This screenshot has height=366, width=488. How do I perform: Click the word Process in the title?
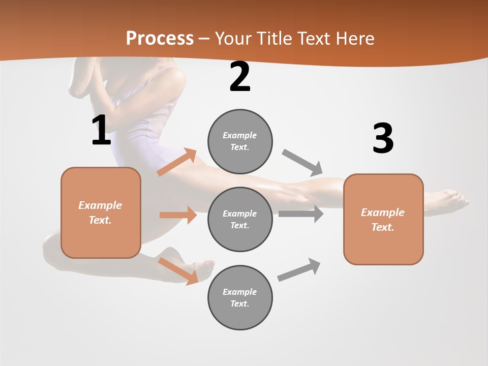[x=160, y=39]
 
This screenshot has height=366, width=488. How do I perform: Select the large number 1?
[x=101, y=131]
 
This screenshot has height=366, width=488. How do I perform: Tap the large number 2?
[x=240, y=77]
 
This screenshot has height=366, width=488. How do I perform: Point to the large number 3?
[x=383, y=138]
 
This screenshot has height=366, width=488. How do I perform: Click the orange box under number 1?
[x=101, y=212]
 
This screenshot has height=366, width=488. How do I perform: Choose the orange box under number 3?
[x=383, y=220]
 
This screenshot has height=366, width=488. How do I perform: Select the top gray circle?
[x=240, y=141]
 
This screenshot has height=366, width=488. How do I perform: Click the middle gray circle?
[x=240, y=219]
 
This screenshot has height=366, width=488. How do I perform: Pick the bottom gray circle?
[x=240, y=297]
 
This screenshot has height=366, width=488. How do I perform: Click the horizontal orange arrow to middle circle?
[x=178, y=215]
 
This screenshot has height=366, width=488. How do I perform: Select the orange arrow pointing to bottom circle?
[x=178, y=271]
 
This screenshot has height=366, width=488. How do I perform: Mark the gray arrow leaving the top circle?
[x=302, y=163]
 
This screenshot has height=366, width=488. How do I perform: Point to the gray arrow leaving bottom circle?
[x=299, y=270]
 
